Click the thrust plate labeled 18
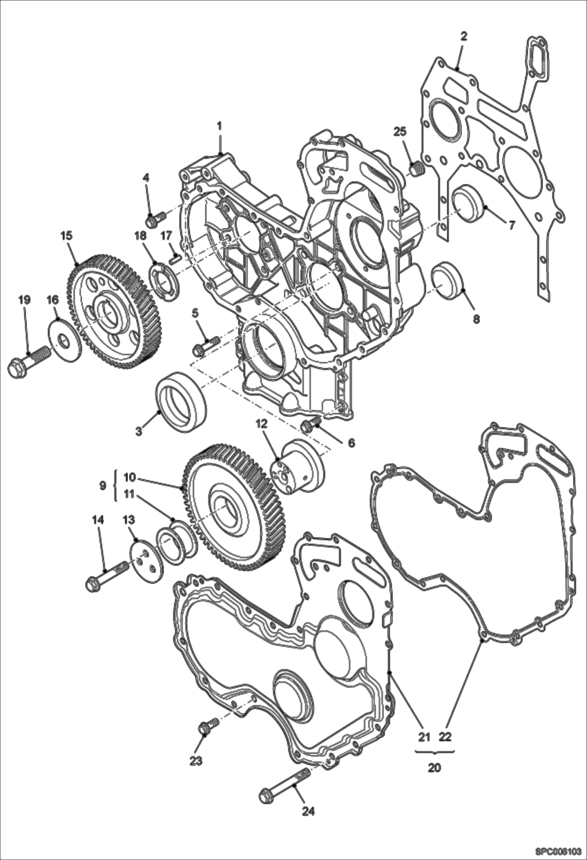click(x=166, y=283)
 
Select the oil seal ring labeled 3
click(x=181, y=404)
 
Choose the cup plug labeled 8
click(x=447, y=282)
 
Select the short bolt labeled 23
click(x=208, y=726)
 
